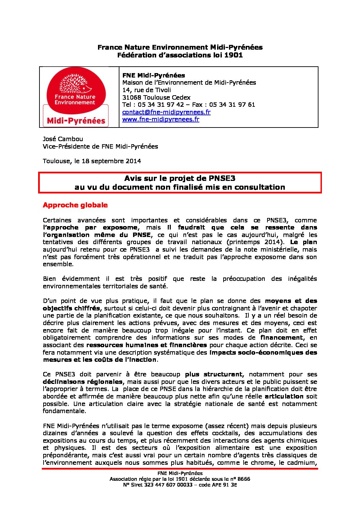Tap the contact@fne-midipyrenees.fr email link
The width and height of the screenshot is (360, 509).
click(x=166, y=112)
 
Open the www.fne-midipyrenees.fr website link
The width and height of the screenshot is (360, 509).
click(x=161, y=119)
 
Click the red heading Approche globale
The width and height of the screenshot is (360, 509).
click(x=75, y=205)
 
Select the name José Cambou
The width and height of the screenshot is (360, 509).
click(x=63, y=139)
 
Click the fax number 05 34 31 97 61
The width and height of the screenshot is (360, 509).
click(x=232, y=104)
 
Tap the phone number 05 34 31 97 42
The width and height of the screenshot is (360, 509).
click(x=161, y=104)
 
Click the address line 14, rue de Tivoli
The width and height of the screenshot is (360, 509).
click(x=147, y=90)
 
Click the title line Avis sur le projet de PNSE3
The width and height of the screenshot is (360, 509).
click(x=180, y=178)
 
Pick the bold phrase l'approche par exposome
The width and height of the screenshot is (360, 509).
click(x=90, y=227)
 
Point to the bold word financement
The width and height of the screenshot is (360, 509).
click(x=281, y=338)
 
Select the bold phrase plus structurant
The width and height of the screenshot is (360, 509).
click(x=214, y=374)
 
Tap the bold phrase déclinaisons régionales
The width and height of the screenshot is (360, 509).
click(x=83, y=382)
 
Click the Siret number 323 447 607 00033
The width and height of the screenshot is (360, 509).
click(x=164, y=485)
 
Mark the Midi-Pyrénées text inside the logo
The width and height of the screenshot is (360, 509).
click(x=76, y=121)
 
